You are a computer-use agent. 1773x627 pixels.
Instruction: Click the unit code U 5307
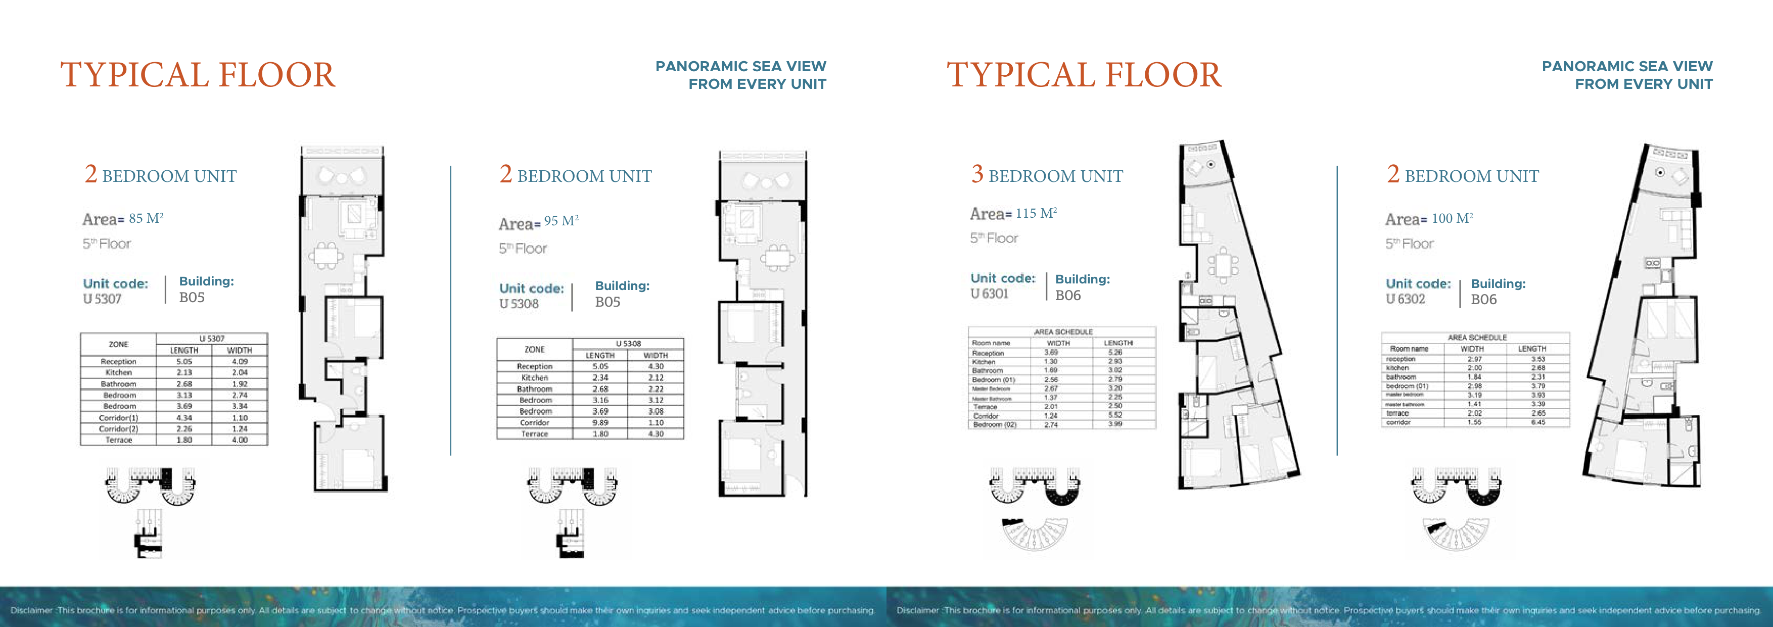click(x=103, y=299)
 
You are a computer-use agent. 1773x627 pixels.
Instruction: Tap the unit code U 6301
click(x=989, y=294)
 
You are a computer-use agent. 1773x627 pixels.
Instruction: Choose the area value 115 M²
click(x=1036, y=213)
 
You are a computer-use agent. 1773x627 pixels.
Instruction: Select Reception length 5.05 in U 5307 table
click(x=184, y=361)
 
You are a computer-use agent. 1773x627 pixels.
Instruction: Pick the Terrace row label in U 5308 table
click(x=535, y=433)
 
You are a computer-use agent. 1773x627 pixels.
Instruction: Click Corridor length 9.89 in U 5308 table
click(x=600, y=422)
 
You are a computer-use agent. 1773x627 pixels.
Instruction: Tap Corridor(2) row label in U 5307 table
click(x=118, y=429)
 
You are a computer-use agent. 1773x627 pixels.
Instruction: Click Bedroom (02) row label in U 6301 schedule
click(x=995, y=425)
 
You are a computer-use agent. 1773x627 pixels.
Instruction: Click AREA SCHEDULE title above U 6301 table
click(x=1063, y=332)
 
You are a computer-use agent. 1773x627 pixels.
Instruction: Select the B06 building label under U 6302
click(x=1483, y=300)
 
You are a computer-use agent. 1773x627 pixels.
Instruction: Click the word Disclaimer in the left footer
click(x=31, y=610)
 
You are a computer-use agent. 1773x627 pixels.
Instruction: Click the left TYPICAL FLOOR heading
click(x=198, y=75)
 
